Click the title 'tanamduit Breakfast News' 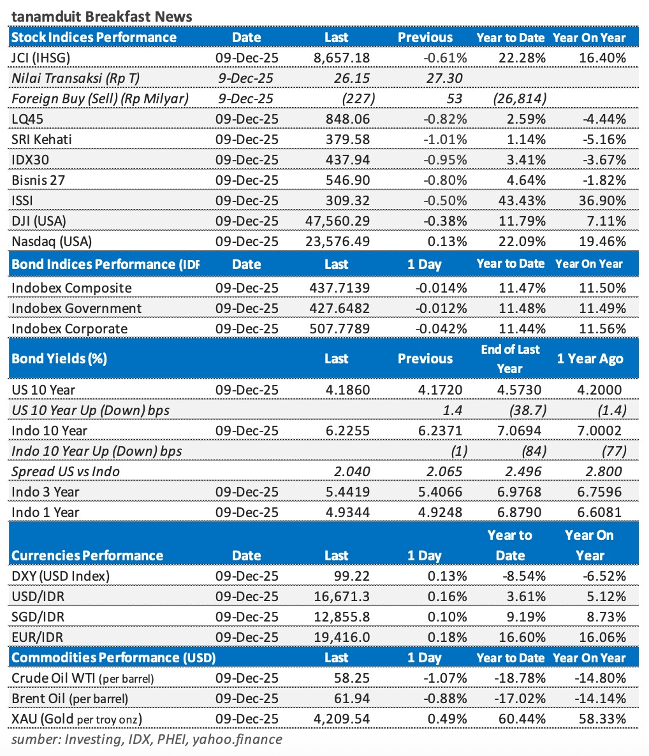101,16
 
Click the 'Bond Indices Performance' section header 105,264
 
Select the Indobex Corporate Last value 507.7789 339,329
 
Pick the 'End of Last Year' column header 510,359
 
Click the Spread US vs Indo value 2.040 353,472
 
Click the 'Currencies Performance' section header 87,555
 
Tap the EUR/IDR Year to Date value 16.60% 522,637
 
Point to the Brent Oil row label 69,699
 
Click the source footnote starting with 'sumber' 147,739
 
